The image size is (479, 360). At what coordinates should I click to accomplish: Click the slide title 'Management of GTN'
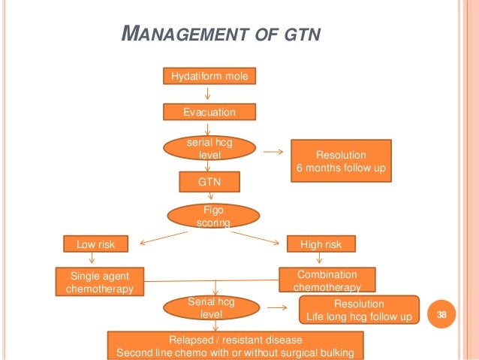pyautogui.click(x=221, y=34)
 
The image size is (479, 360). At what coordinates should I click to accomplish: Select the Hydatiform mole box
pyautogui.click(x=210, y=76)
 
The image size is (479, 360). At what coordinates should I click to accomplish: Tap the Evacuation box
pyautogui.click(x=210, y=112)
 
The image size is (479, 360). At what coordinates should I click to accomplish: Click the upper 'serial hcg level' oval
pyautogui.click(x=209, y=147)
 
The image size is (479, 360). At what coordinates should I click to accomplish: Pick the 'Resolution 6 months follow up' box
pyautogui.click(x=341, y=161)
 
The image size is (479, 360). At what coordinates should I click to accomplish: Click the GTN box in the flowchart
pyautogui.click(x=209, y=182)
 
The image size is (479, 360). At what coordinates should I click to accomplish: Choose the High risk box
pyautogui.click(x=321, y=244)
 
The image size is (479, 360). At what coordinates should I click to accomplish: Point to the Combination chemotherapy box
pyautogui.click(x=326, y=280)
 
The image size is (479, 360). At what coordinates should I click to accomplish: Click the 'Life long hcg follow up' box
pyautogui.click(x=358, y=310)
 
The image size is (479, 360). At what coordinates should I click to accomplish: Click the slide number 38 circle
pyautogui.click(x=441, y=316)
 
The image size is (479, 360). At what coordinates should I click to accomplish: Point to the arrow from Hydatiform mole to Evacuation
pyautogui.click(x=209, y=94)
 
